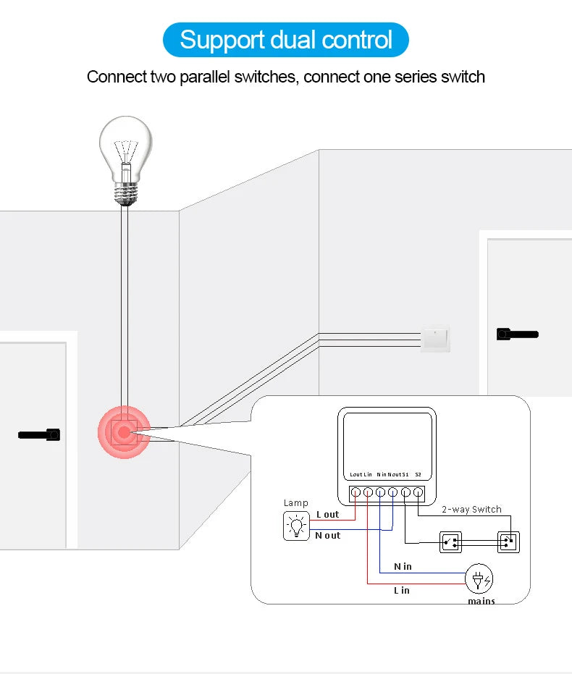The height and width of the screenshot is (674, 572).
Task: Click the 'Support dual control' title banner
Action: (286, 39)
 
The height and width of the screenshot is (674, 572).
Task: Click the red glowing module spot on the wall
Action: (124, 432)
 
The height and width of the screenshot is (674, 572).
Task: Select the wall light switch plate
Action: (435, 338)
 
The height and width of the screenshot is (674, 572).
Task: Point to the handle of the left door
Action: (39, 435)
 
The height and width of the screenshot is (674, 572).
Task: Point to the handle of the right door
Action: (517, 334)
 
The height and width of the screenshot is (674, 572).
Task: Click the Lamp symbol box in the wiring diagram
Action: (295, 526)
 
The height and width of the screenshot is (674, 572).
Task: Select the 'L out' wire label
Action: (327, 515)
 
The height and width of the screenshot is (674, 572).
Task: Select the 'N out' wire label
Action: (327, 536)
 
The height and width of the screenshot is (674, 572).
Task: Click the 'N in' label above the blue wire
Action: (403, 566)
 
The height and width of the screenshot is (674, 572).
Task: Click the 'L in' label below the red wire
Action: (401, 591)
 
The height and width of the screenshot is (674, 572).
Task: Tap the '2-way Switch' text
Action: (471, 510)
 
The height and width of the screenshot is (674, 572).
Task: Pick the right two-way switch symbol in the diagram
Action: (508, 542)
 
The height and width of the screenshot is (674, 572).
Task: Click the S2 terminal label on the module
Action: (419, 475)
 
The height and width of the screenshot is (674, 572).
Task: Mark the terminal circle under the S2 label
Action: (418, 493)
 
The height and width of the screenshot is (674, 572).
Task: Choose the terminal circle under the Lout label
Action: (356, 493)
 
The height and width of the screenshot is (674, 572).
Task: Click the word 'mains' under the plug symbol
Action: (481, 601)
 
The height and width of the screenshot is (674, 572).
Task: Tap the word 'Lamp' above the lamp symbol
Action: (295, 503)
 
